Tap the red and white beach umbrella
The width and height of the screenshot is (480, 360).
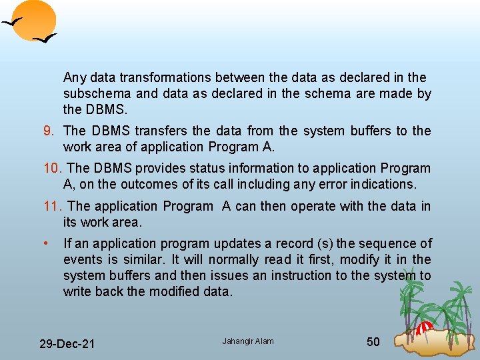click(x=425, y=328)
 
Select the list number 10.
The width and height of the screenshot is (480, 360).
click(x=53, y=169)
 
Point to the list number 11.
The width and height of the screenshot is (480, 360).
click(x=53, y=207)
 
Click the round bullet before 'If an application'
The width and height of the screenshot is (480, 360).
click(x=45, y=243)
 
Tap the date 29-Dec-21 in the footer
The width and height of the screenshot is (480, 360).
click(x=67, y=344)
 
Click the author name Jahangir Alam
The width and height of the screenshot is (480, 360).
click(x=248, y=341)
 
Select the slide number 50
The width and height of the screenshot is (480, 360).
click(x=373, y=342)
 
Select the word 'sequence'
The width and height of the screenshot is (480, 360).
click(x=389, y=243)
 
